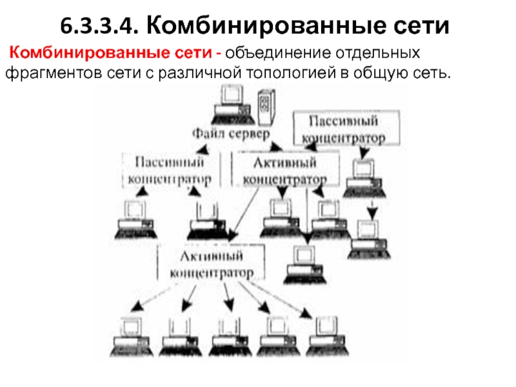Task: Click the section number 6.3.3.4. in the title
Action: coord(97,26)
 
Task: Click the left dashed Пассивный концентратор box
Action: coord(173,169)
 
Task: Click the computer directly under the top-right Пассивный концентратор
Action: coord(363,176)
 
